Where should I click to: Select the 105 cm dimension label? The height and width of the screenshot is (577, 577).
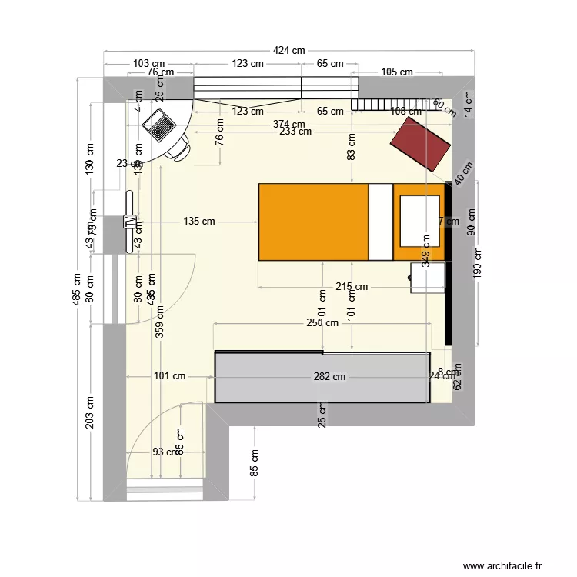pos(397,72)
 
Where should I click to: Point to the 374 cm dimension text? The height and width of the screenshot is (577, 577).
pos(288,124)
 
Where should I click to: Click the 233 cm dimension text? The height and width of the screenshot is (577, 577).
pos(295,132)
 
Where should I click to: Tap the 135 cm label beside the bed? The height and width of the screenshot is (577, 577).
pos(199,222)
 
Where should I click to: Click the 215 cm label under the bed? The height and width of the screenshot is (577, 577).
pos(352,287)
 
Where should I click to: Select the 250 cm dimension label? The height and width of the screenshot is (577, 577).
pos(322,323)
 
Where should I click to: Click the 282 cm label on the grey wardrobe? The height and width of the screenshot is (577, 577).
pos(329,377)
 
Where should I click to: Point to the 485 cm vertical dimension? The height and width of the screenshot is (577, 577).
pos(77,290)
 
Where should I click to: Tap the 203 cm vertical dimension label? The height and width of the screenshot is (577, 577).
pos(91,412)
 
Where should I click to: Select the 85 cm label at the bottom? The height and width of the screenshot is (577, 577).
pos(255,462)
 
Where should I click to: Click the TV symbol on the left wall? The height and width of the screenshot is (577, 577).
pos(130,222)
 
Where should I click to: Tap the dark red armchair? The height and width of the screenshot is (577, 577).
pos(420,145)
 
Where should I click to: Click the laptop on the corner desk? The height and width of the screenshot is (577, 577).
pos(162,124)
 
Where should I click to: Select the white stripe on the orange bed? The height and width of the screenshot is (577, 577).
pos(381,222)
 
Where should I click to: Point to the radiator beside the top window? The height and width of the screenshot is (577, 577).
pos(390,105)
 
